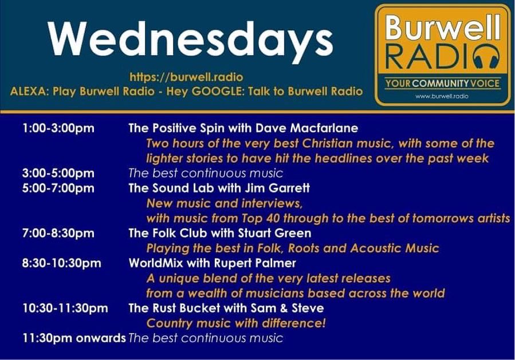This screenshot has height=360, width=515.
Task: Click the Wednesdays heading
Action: [x=190, y=40]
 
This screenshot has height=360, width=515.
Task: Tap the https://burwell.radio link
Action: [x=186, y=77]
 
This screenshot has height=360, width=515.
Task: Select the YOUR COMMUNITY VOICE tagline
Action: [x=442, y=84]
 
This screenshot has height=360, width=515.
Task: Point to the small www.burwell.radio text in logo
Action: [x=442, y=96]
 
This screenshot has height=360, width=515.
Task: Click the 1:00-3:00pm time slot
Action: [x=58, y=128]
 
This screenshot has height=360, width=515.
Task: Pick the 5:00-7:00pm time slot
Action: [x=58, y=188]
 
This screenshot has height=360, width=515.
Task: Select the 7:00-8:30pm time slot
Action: [x=58, y=233]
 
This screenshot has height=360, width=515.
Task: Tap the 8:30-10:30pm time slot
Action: [x=62, y=263]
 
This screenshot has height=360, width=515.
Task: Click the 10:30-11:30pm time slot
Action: [x=65, y=308]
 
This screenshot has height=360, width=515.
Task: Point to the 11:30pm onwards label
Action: [x=74, y=338]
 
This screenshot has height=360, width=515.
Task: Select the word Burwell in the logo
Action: [x=442, y=26]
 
